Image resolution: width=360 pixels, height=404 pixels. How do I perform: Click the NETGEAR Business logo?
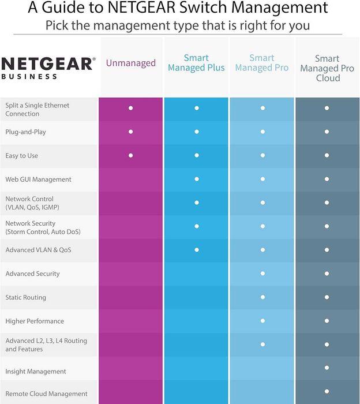click(x=48, y=67)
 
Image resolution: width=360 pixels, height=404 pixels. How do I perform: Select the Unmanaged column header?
click(x=130, y=63)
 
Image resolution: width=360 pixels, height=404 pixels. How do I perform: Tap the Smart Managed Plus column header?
click(x=196, y=63)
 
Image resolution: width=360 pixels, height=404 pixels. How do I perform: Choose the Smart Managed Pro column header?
click(x=262, y=63)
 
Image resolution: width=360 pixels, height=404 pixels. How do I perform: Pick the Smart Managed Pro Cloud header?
click(x=327, y=68)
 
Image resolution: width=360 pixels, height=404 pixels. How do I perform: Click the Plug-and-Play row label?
click(x=25, y=132)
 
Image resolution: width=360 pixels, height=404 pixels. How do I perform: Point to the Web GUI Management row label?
click(x=38, y=179)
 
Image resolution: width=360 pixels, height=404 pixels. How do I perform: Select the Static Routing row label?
click(x=25, y=298)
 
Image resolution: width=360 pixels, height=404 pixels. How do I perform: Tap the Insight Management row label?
click(x=36, y=372)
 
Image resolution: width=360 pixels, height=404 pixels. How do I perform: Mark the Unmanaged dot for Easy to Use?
click(x=131, y=155)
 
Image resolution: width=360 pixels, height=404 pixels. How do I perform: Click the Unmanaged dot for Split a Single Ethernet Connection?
click(x=131, y=108)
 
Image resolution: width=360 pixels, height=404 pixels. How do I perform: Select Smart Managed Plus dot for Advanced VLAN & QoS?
click(x=197, y=250)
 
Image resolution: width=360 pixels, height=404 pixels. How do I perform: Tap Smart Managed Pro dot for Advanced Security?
click(x=262, y=274)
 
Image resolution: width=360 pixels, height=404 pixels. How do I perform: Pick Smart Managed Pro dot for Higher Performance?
click(x=262, y=321)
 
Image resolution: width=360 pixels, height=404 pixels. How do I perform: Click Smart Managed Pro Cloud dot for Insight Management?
click(x=327, y=368)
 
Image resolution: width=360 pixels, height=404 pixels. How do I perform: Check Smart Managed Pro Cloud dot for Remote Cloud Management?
click(x=327, y=391)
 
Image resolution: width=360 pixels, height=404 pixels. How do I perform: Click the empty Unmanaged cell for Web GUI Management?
click(x=130, y=179)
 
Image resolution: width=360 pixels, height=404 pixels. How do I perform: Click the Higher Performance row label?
click(x=35, y=321)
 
